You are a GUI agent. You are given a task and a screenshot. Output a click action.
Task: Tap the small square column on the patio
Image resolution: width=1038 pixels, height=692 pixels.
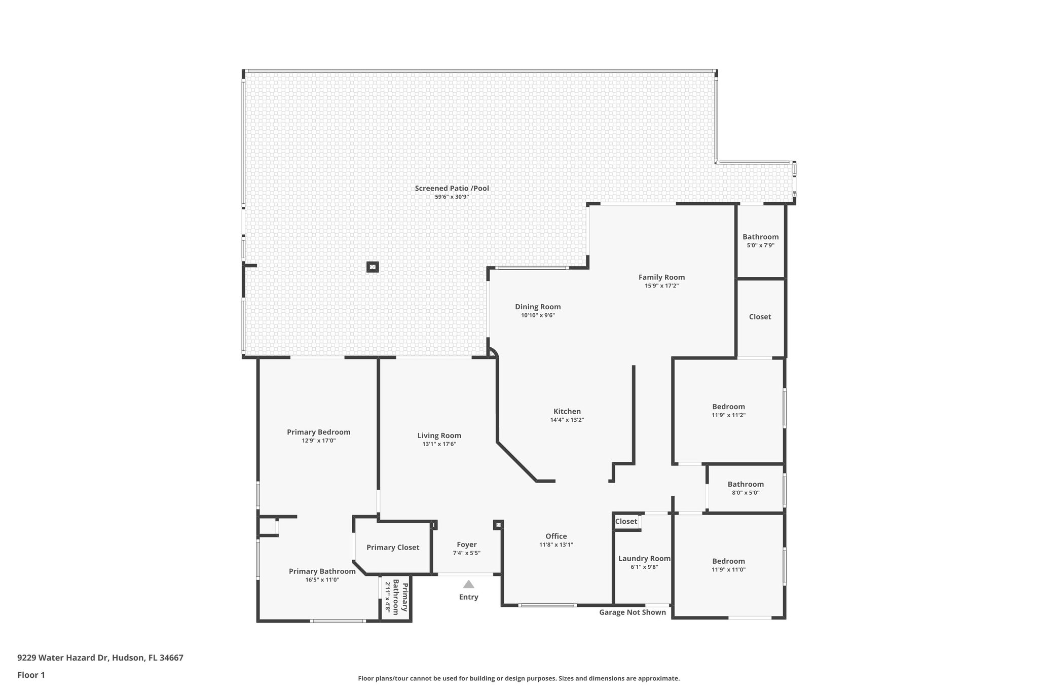[x=373, y=267]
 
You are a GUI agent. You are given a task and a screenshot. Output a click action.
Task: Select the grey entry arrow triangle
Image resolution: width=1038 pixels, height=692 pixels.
[x=468, y=585]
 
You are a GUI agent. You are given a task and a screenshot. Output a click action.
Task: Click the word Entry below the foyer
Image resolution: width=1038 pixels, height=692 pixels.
[x=468, y=597]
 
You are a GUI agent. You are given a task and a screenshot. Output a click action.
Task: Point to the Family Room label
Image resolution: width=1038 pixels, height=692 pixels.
[x=661, y=277]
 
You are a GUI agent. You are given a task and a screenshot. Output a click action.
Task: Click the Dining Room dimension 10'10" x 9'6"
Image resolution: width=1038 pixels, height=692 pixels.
[x=538, y=315]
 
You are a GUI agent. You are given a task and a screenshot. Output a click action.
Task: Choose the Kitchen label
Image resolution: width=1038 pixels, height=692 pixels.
[x=567, y=412]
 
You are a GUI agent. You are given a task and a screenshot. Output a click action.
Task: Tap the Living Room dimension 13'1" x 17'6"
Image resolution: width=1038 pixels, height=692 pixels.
[x=439, y=444]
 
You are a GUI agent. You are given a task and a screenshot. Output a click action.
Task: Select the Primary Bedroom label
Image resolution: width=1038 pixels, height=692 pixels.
[x=318, y=432]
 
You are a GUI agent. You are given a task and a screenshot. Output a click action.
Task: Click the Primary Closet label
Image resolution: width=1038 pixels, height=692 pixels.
[x=393, y=548]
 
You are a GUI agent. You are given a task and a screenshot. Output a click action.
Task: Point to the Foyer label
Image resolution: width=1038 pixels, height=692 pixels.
[x=466, y=545]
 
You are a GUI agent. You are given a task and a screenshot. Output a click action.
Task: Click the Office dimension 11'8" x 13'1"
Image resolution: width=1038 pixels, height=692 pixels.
[x=556, y=545]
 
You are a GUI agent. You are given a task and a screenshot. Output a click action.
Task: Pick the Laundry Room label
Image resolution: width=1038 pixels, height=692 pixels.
[x=644, y=559]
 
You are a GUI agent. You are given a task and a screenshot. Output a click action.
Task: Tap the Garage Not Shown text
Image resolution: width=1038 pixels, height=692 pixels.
[x=632, y=612]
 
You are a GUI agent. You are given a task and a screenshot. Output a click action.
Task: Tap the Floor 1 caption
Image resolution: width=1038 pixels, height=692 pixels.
[x=31, y=675]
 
